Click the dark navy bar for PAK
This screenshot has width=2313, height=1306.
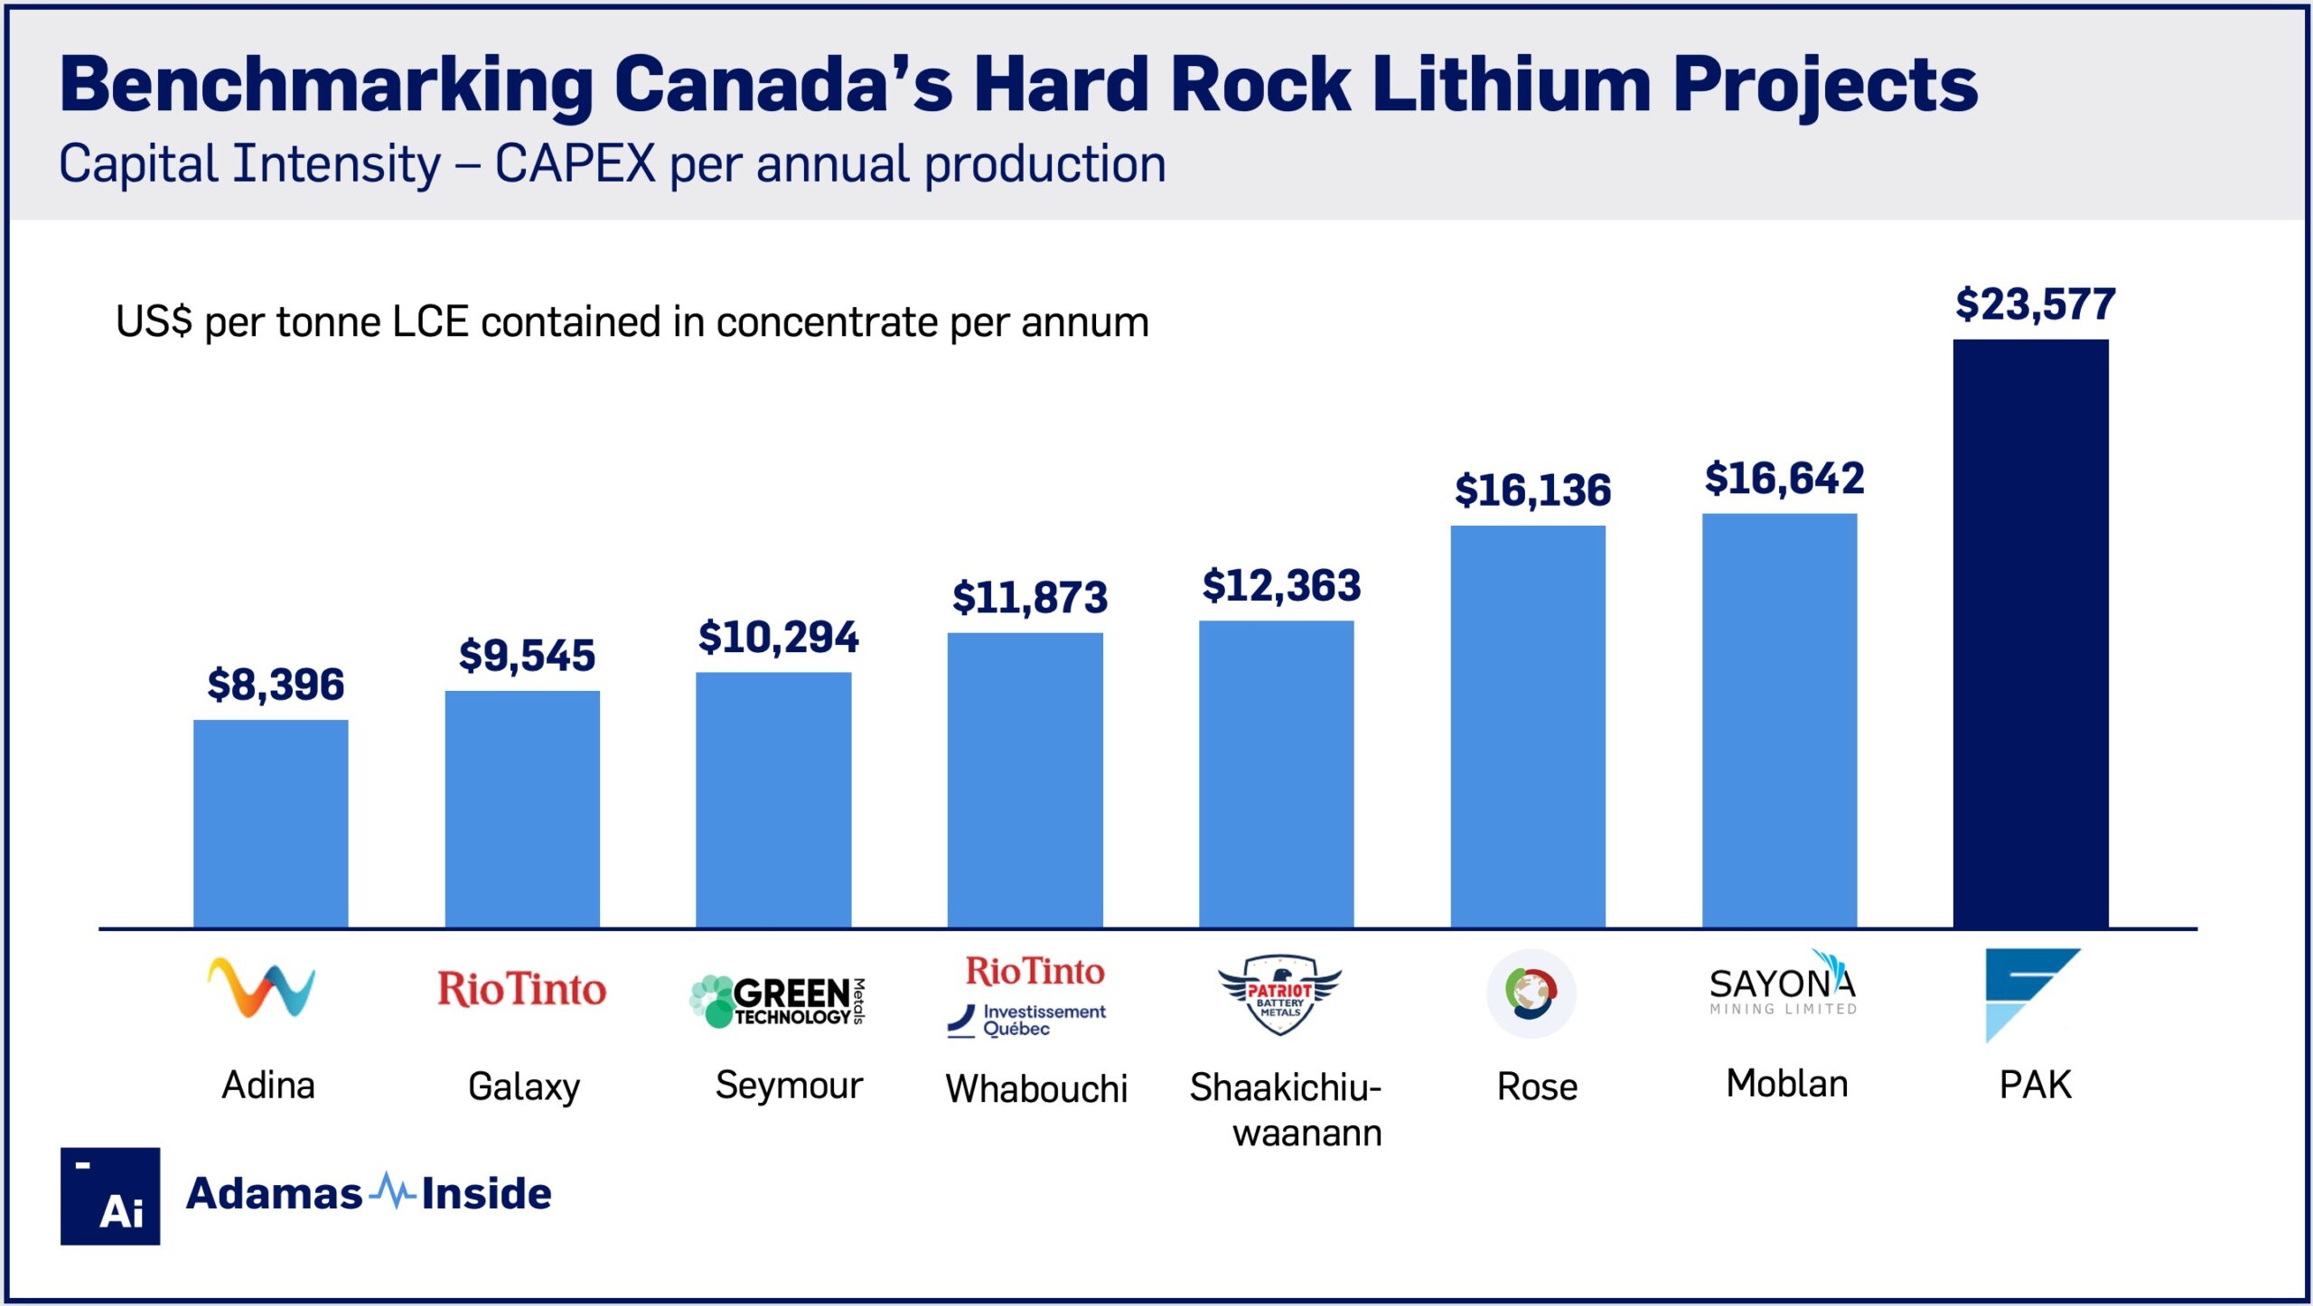point(2030,632)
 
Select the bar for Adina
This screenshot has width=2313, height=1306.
point(270,823)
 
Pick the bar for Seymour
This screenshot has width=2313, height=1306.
point(773,799)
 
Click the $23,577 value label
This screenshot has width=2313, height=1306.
point(2035,304)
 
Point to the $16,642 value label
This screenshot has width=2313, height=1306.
point(1784,479)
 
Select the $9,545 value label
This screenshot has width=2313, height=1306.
point(527,656)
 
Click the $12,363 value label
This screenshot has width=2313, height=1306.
point(1280,586)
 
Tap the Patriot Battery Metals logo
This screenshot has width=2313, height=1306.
point(1279,994)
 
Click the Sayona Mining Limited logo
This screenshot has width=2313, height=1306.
point(1783,985)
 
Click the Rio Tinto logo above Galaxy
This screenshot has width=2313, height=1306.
point(521,990)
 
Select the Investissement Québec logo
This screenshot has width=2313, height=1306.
point(1027,1021)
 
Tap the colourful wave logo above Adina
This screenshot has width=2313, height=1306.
point(261,987)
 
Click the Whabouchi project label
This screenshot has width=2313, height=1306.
point(1036,1088)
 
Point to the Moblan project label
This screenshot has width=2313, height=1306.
point(1786,1084)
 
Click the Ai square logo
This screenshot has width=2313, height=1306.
point(110,1196)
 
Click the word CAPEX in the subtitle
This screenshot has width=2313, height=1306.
point(575,164)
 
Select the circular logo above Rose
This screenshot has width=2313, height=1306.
point(1531,993)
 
